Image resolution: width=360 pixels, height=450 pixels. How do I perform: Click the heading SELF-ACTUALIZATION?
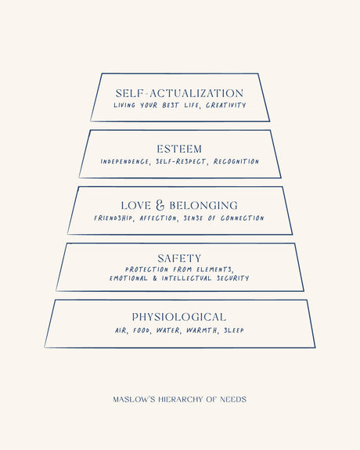point(179,93)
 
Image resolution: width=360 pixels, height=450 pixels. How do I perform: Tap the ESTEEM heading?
point(179,149)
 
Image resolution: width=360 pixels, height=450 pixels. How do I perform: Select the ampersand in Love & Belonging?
point(160,205)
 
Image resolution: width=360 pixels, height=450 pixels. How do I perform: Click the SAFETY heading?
point(179,258)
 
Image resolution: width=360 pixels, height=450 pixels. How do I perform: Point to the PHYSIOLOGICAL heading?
point(179,317)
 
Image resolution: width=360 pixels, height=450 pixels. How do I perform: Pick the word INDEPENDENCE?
point(125,161)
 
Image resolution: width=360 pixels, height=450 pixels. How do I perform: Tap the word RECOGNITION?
point(236,161)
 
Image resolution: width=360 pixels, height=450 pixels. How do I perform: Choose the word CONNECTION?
point(243,218)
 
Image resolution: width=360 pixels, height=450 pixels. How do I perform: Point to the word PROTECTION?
point(146,269)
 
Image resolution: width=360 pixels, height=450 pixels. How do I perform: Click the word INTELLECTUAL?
point(186,278)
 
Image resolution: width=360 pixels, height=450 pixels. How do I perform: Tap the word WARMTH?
point(202,330)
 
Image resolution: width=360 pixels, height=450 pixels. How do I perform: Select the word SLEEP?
point(234,330)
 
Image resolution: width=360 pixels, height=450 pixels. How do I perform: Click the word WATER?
point(168,330)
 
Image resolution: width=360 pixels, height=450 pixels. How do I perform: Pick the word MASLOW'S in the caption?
point(134,399)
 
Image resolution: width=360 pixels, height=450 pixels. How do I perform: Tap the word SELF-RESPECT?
point(181,161)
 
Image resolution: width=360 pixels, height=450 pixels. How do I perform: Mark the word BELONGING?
point(203,206)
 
